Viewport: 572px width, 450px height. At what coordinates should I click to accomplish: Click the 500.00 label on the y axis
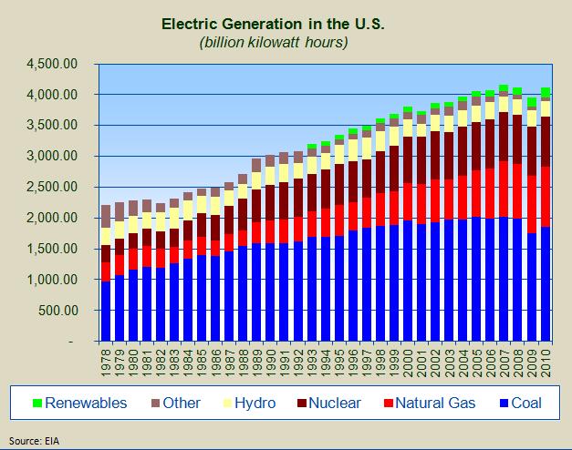(x=61, y=310)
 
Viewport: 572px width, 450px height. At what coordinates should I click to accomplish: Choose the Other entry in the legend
(x=181, y=403)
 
